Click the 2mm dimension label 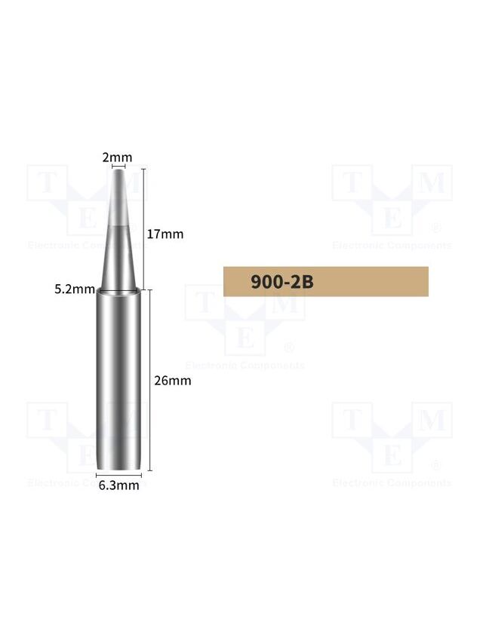(118, 158)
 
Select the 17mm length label (165, 234)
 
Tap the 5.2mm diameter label (75, 289)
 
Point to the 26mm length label (173, 381)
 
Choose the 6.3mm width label (118, 485)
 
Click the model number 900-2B (282, 282)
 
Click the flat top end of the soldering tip (118, 170)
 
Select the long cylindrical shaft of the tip (118, 381)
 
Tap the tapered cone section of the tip (118, 229)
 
